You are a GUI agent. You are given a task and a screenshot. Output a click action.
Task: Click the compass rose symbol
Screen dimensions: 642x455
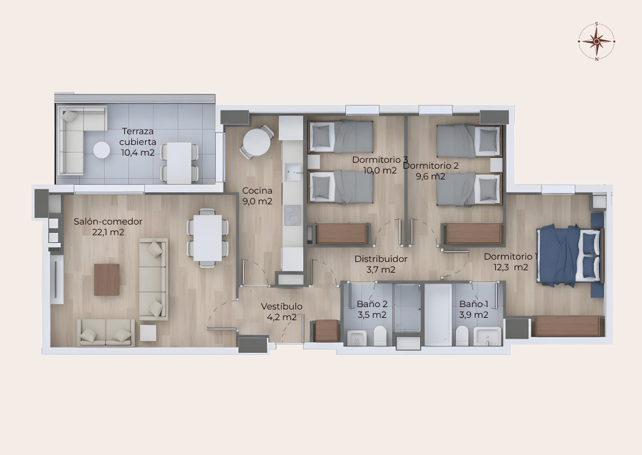tap(597, 42)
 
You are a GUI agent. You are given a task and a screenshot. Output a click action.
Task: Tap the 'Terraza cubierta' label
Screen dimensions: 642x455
tap(137, 137)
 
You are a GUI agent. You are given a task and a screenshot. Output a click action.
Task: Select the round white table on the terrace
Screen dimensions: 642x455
tap(102, 150)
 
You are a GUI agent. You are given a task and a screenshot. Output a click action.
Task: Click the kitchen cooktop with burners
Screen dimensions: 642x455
tap(292, 216)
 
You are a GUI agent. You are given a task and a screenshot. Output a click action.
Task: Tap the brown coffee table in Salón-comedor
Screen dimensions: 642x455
tap(107, 279)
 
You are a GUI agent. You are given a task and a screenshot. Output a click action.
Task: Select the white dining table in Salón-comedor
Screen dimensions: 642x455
tap(207, 238)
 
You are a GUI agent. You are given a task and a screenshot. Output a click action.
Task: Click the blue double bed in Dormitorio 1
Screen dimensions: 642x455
tap(570, 254)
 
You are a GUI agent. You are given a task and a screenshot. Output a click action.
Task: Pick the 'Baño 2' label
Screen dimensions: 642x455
tap(372, 304)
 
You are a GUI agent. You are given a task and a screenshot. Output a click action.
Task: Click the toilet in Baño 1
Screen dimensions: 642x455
tap(462, 335)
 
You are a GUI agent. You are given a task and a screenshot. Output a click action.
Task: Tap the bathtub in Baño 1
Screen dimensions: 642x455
tap(438, 314)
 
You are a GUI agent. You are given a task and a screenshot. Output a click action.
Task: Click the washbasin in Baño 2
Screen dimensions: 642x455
tap(358, 338)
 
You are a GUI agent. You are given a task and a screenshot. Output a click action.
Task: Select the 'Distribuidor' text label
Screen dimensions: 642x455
tap(381, 259)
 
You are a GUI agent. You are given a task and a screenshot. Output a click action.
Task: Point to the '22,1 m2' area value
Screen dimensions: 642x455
tap(108, 232)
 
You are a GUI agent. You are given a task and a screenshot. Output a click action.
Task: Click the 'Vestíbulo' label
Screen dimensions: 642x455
tap(282, 307)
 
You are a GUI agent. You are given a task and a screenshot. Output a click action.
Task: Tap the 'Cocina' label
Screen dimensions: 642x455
tap(257, 191)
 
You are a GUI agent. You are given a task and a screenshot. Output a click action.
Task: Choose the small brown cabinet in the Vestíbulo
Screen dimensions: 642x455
tap(326, 331)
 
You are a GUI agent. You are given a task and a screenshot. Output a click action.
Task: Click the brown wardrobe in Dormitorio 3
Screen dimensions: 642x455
tap(342, 233)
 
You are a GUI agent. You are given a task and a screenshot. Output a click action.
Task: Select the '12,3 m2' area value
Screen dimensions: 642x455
tap(511, 268)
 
